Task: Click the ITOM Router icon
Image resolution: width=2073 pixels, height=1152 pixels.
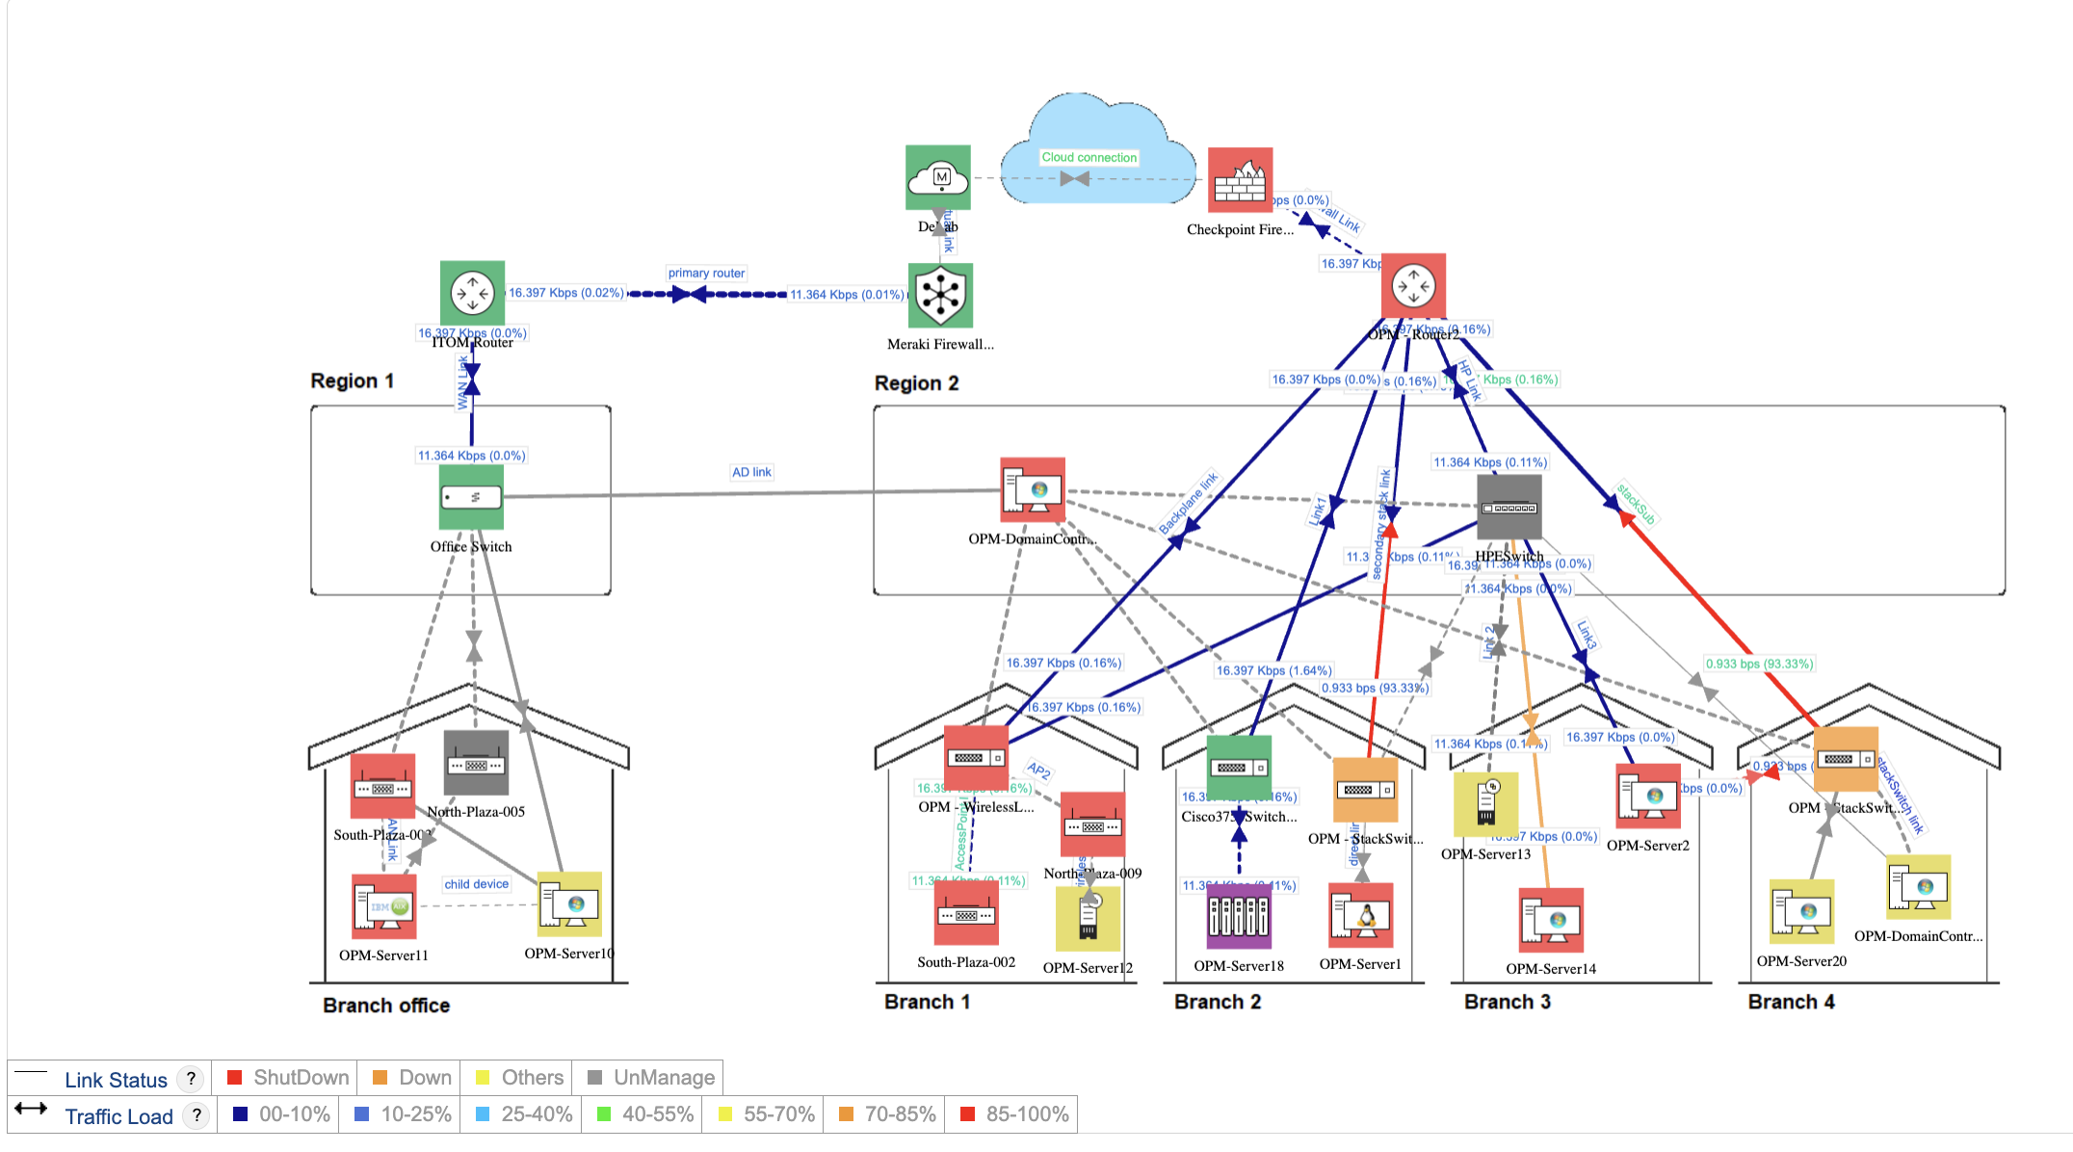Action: click(472, 293)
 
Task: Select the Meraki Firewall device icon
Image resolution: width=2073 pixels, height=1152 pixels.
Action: click(940, 296)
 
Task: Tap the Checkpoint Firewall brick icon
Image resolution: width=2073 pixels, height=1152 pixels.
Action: click(1240, 180)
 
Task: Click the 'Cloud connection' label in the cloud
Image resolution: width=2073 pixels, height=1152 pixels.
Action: click(1089, 157)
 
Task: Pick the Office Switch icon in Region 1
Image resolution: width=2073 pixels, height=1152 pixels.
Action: click(471, 497)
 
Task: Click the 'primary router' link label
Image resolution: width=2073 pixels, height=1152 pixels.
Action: click(706, 274)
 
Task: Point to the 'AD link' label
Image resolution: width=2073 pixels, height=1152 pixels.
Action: click(751, 472)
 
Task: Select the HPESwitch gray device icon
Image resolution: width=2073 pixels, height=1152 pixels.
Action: click(1509, 507)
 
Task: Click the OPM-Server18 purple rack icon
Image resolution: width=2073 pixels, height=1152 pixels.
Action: click(1239, 916)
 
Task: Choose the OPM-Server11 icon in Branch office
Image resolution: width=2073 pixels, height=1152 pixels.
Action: click(383, 906)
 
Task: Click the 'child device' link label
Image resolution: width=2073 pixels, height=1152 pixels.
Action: click(476, 884)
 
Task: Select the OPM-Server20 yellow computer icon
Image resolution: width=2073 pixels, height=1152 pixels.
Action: click(1800, 911)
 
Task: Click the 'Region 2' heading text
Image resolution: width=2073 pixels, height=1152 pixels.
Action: click(916, 383)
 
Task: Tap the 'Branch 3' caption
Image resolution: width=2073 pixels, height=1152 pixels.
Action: click(1507, 1002)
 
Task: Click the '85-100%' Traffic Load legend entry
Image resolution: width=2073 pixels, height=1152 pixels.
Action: click(1026, 1114)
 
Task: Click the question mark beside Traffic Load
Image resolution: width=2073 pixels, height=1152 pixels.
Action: click(197, 1115)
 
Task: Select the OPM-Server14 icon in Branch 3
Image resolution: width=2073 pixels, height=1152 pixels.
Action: click(1550, 920)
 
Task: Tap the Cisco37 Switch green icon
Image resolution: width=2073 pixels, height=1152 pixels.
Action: click(1239, 768)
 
